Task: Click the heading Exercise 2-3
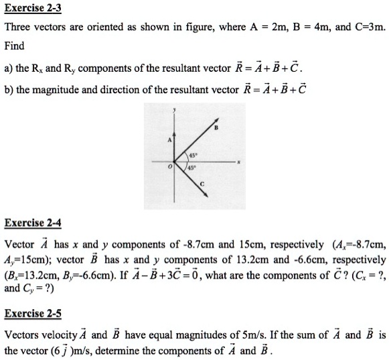tap(28, 9)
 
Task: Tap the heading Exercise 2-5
tap(28, 313)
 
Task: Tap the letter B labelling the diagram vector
tap(217, 127)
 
